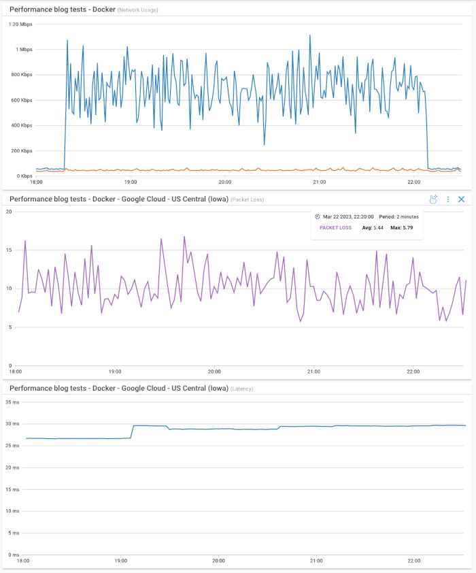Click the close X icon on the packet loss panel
tap(461, 199)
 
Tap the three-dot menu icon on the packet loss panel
tap(448, 199)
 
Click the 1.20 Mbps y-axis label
tap(20, 24)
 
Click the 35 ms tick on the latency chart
tap(13, 402)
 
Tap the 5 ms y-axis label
tap(14, 533)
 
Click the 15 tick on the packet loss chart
tap(10, 250)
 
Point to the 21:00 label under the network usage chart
tap(319, 182)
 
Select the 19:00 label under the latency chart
tap(120, 561)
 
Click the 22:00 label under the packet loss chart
tap(413, 372)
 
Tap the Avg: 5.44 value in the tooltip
tap(373, 228)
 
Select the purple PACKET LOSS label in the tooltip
tap(335, 228)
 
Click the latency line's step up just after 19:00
tap(133, 431)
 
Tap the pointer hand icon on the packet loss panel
tap(433, 199)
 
